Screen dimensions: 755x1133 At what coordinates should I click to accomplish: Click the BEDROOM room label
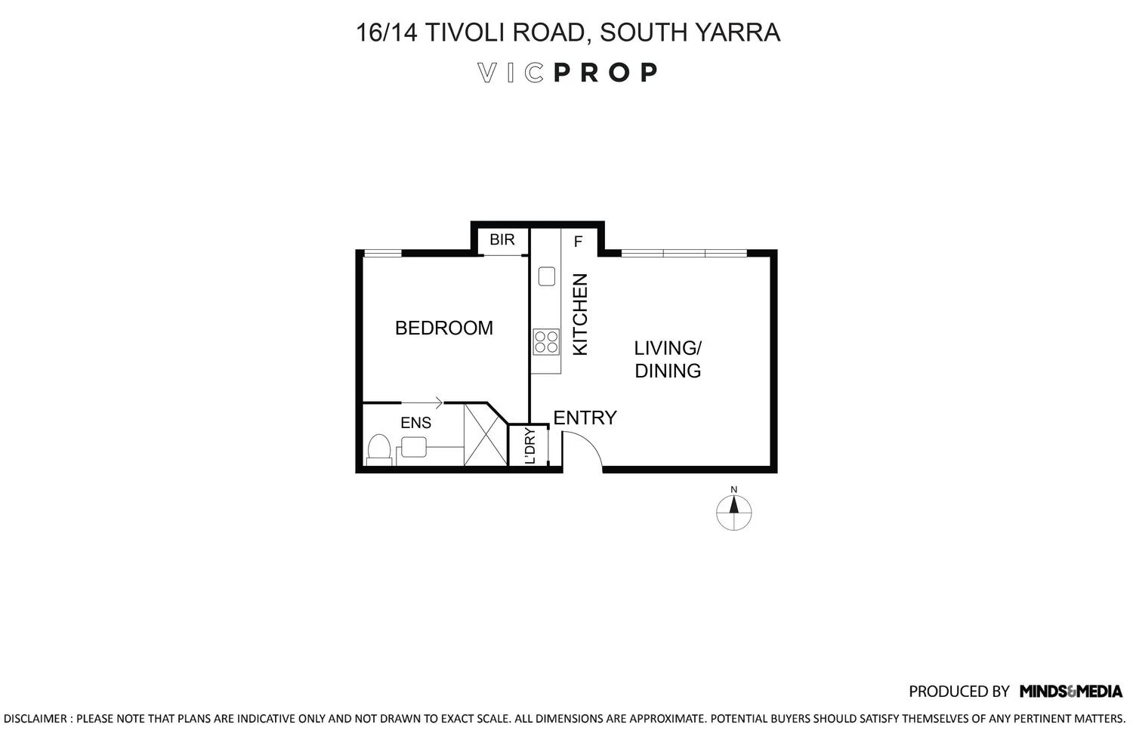443,328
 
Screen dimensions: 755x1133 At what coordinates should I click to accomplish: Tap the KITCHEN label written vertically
580,315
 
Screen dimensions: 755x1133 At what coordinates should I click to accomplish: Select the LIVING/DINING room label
668,359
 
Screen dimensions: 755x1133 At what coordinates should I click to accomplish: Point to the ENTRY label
585,418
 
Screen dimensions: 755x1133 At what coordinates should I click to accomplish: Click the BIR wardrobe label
502,240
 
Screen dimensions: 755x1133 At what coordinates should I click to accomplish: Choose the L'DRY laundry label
530,446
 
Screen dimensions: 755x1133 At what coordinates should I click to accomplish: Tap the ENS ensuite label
415,424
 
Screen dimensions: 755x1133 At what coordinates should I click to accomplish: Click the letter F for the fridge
579,242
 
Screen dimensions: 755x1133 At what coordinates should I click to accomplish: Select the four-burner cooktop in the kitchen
545,342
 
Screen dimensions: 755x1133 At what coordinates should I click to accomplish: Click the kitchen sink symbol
546,276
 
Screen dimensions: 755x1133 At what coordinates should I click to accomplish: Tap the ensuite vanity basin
413,448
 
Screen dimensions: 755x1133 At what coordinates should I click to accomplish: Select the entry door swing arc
584,451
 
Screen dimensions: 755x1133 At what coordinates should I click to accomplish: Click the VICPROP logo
568,72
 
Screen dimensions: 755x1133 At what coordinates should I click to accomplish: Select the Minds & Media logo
1070,691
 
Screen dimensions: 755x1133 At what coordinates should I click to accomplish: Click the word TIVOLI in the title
471,32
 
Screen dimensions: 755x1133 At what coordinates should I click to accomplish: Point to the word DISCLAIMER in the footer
36,719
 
